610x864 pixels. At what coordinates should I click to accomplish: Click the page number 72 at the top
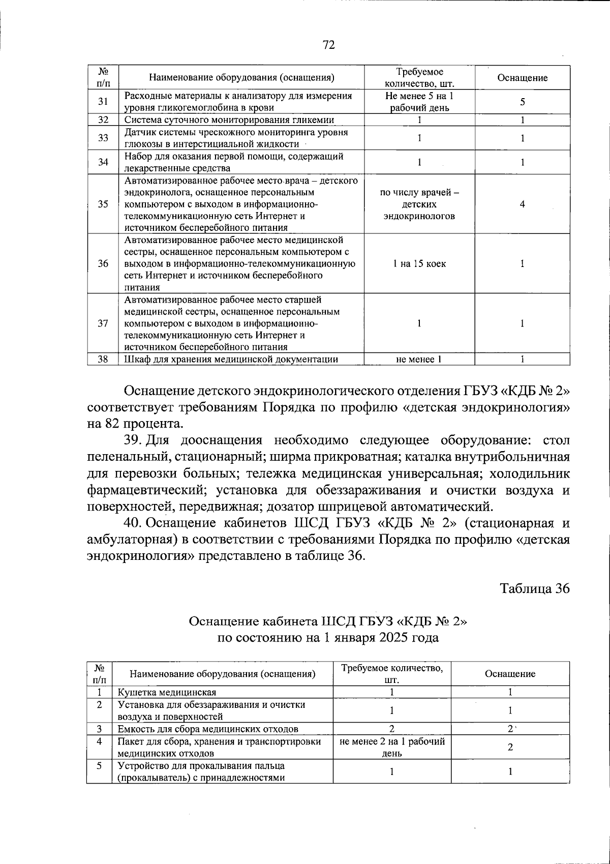(x=328, y=45)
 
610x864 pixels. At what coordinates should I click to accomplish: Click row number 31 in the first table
(x=103, y=102)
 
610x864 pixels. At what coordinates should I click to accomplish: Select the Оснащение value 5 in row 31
(x=522, y=102)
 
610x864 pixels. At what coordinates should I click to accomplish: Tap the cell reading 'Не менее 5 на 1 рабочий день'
(x=419, y=102)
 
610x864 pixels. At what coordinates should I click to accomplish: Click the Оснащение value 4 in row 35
(x=522, y=204)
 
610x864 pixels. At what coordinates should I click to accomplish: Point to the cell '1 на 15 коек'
(x=419, y=263)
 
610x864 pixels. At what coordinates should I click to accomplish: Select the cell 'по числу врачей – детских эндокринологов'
(x=419, y=204)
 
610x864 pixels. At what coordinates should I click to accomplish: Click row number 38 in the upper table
(x=103, y=360)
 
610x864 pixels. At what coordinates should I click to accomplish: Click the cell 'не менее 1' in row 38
(x=419, y=360)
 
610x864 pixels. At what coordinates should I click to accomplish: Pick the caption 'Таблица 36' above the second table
(x=535, y=588)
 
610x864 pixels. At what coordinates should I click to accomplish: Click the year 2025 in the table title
(x=394, y=638)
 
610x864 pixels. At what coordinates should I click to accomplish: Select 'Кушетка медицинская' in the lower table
(x=167, y=692)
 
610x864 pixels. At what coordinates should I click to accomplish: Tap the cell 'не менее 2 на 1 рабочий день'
(x=392, y=747)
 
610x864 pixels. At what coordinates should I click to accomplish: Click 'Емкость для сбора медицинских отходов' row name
(x=208, y=729)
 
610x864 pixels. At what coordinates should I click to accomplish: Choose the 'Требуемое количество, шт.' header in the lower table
(x=392, y=674)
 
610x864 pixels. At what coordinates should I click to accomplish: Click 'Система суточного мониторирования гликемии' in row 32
(x=229, y=120)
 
